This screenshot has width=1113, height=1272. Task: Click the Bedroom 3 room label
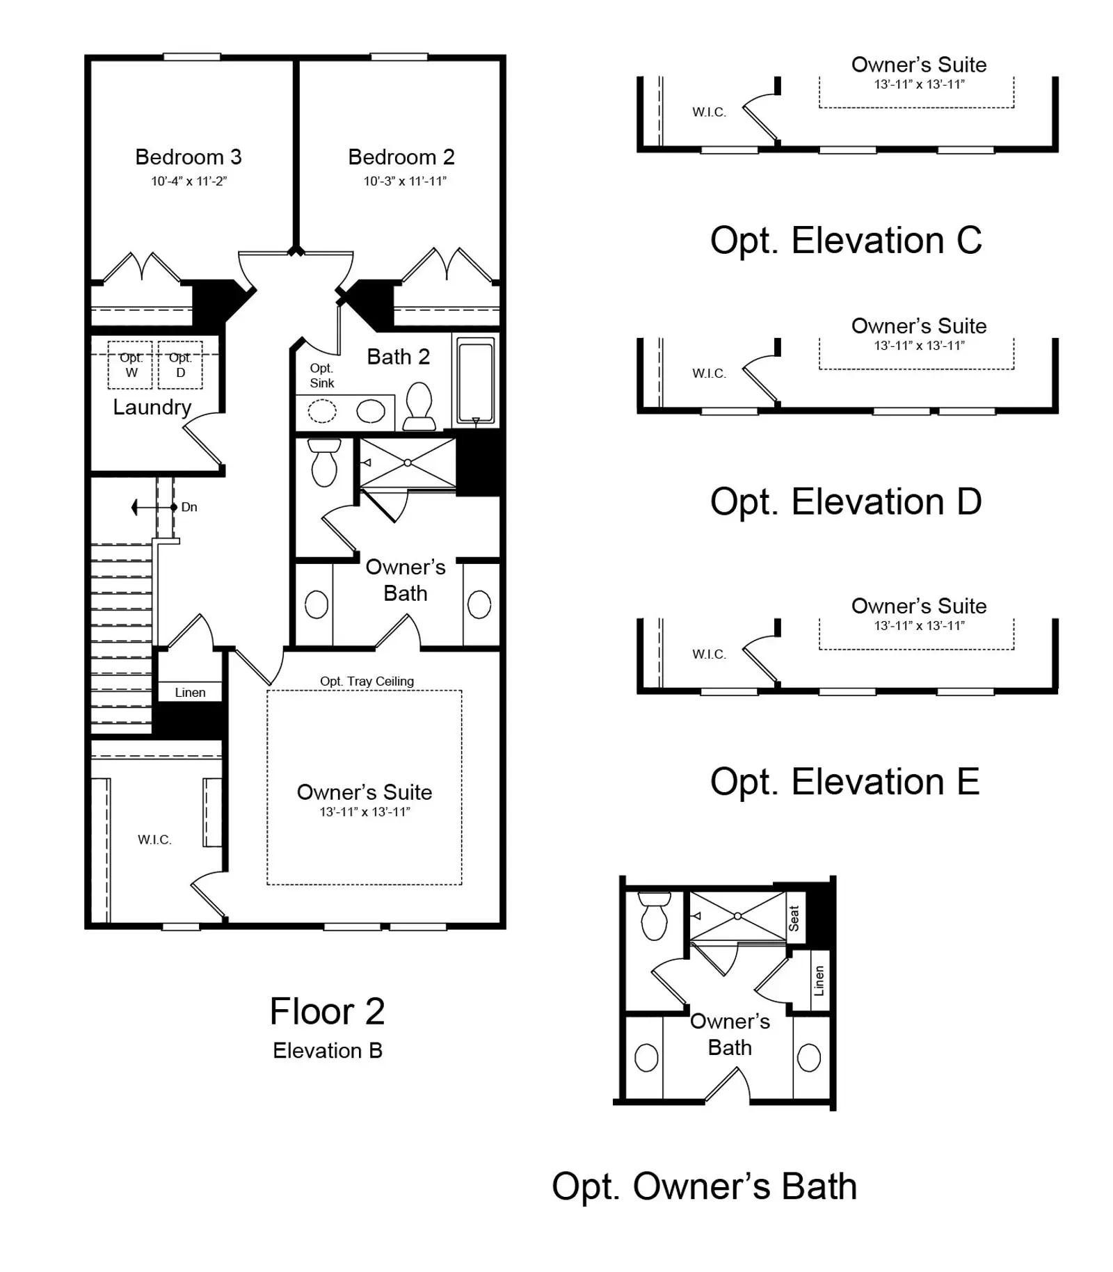pyautogui.click(x=189, y=157)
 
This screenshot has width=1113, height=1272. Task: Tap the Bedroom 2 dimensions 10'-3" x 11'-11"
pyautogui.click(x=405, y=181)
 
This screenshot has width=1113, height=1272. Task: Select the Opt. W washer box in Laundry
pyautogui.click(x=130, y=365)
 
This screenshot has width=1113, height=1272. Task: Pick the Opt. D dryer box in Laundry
pyautogui.click(x=180, y=365)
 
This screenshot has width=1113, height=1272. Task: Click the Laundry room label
pyautogui.click(x=152, y=408)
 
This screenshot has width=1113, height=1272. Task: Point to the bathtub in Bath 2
pyautogui.click(x=476, y=380)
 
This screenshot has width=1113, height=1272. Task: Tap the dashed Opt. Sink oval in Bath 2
pyautogui.click(x=322, y=411)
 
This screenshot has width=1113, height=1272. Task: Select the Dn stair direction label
pyautogui.click(x=189, y=507)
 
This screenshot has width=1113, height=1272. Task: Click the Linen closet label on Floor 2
pyautogui.click(x=190, y=693)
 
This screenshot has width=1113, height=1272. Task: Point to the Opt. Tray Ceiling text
pyautogui.click(x=367, y=682)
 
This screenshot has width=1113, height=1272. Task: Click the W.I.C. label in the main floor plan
pyautogui.click(x=154, y=840)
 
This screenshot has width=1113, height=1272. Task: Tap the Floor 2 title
pyautogui.click(x=327, y=1011)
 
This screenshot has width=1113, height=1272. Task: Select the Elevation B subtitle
pyautogui.click(x=328, y=1050)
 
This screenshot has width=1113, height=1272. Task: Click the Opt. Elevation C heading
pyautogui.click(x=846, y=241)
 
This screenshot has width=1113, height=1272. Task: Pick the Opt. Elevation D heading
pyautogui.click(x=846, y=501)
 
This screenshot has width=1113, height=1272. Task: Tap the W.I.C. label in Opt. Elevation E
pyautogui.click(x=709, y=654)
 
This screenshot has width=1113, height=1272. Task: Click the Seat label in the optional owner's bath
pyautogui.click(x=794, y=918)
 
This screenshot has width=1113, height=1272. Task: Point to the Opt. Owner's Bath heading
pyautogui.click(x=704, y=1186)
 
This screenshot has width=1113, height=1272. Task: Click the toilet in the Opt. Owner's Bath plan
pyautogui.click(x=654, y=916)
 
